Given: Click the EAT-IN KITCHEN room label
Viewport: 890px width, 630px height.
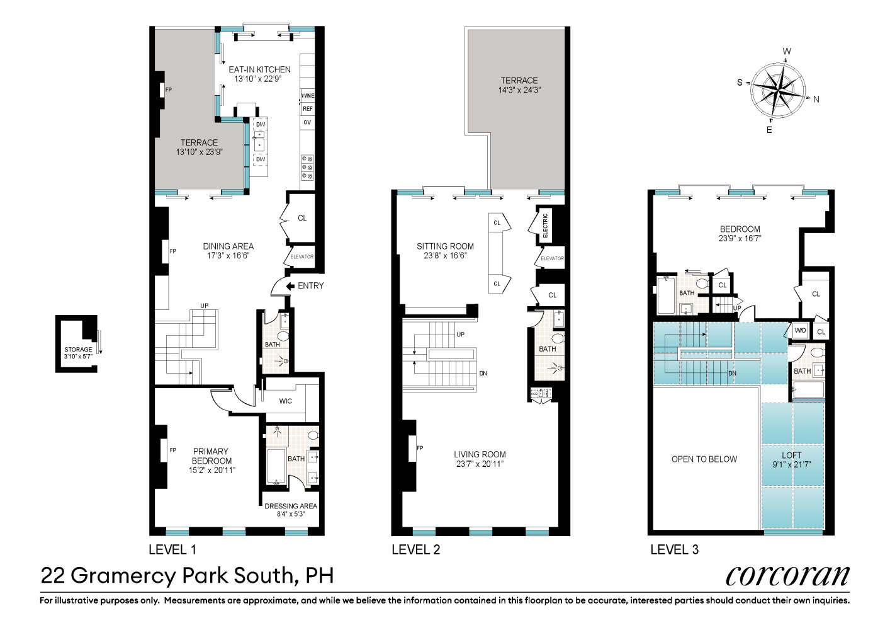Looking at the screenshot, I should pos(259,69).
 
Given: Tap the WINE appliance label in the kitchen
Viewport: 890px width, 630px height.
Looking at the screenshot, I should pos(307,96).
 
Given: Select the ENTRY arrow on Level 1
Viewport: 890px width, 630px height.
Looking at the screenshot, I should pos(290,286).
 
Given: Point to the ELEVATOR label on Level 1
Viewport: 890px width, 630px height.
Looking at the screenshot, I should pos(301,257).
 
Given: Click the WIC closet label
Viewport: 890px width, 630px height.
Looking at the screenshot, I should pos(286,401).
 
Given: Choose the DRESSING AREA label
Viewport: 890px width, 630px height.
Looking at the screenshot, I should pos(291,506).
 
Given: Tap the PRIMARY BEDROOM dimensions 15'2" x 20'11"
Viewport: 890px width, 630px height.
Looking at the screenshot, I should pos(211,470).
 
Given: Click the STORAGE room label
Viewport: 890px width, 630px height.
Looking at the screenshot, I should pos(78,350).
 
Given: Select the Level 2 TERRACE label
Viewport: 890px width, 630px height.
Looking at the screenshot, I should pos(519,81).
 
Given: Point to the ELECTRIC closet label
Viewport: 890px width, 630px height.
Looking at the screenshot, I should pos(545,225).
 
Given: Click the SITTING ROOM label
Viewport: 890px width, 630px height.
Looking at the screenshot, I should pos(445,246).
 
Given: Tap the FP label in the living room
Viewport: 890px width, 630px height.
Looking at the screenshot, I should pos(420,448).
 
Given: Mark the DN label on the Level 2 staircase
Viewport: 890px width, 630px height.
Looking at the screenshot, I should pos(483,374).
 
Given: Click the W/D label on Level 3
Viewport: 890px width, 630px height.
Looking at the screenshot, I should pos(800,331).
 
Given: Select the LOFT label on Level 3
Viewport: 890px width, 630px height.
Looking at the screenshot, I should pos(792,455).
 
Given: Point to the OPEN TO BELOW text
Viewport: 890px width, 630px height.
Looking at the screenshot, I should pos(704,459).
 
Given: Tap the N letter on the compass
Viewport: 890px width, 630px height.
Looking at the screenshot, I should pos(816,100).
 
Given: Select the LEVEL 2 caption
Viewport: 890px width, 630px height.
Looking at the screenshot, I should pos(416,549).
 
